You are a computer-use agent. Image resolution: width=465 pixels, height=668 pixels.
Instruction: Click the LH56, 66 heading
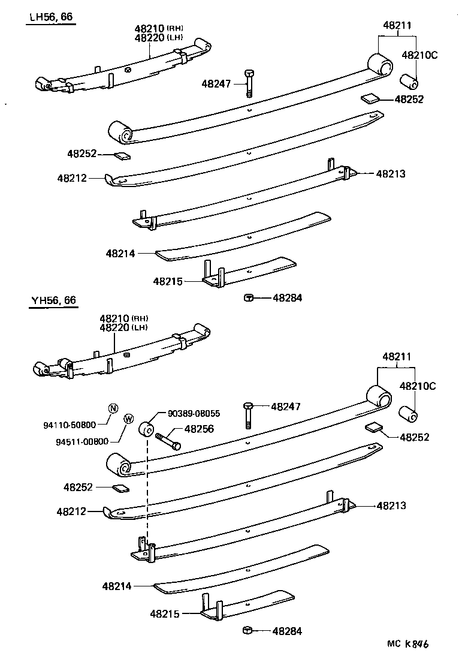coord(51,17)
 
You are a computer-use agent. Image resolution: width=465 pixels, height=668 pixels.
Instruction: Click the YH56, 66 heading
coord(53,300)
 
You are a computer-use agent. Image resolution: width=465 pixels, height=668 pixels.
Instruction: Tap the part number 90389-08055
coord(194,413)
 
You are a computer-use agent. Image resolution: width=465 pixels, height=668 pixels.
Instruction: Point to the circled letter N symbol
coord(113,409)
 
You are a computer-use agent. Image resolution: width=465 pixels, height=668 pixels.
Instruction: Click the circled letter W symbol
coord(128,419)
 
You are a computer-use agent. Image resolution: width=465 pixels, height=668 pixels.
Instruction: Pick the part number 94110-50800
coord(70,425)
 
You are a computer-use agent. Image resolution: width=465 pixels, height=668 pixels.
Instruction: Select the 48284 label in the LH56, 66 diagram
coord(288,297)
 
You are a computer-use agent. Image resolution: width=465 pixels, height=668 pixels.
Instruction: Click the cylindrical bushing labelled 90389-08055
coord(147,430)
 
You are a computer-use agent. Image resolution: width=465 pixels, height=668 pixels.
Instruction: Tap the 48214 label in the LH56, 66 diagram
coord(120,254)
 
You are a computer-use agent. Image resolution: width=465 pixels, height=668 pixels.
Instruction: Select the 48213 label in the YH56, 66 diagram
coord(391,505)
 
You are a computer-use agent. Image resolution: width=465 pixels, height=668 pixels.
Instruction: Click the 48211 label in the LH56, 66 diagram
coord(397,25)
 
